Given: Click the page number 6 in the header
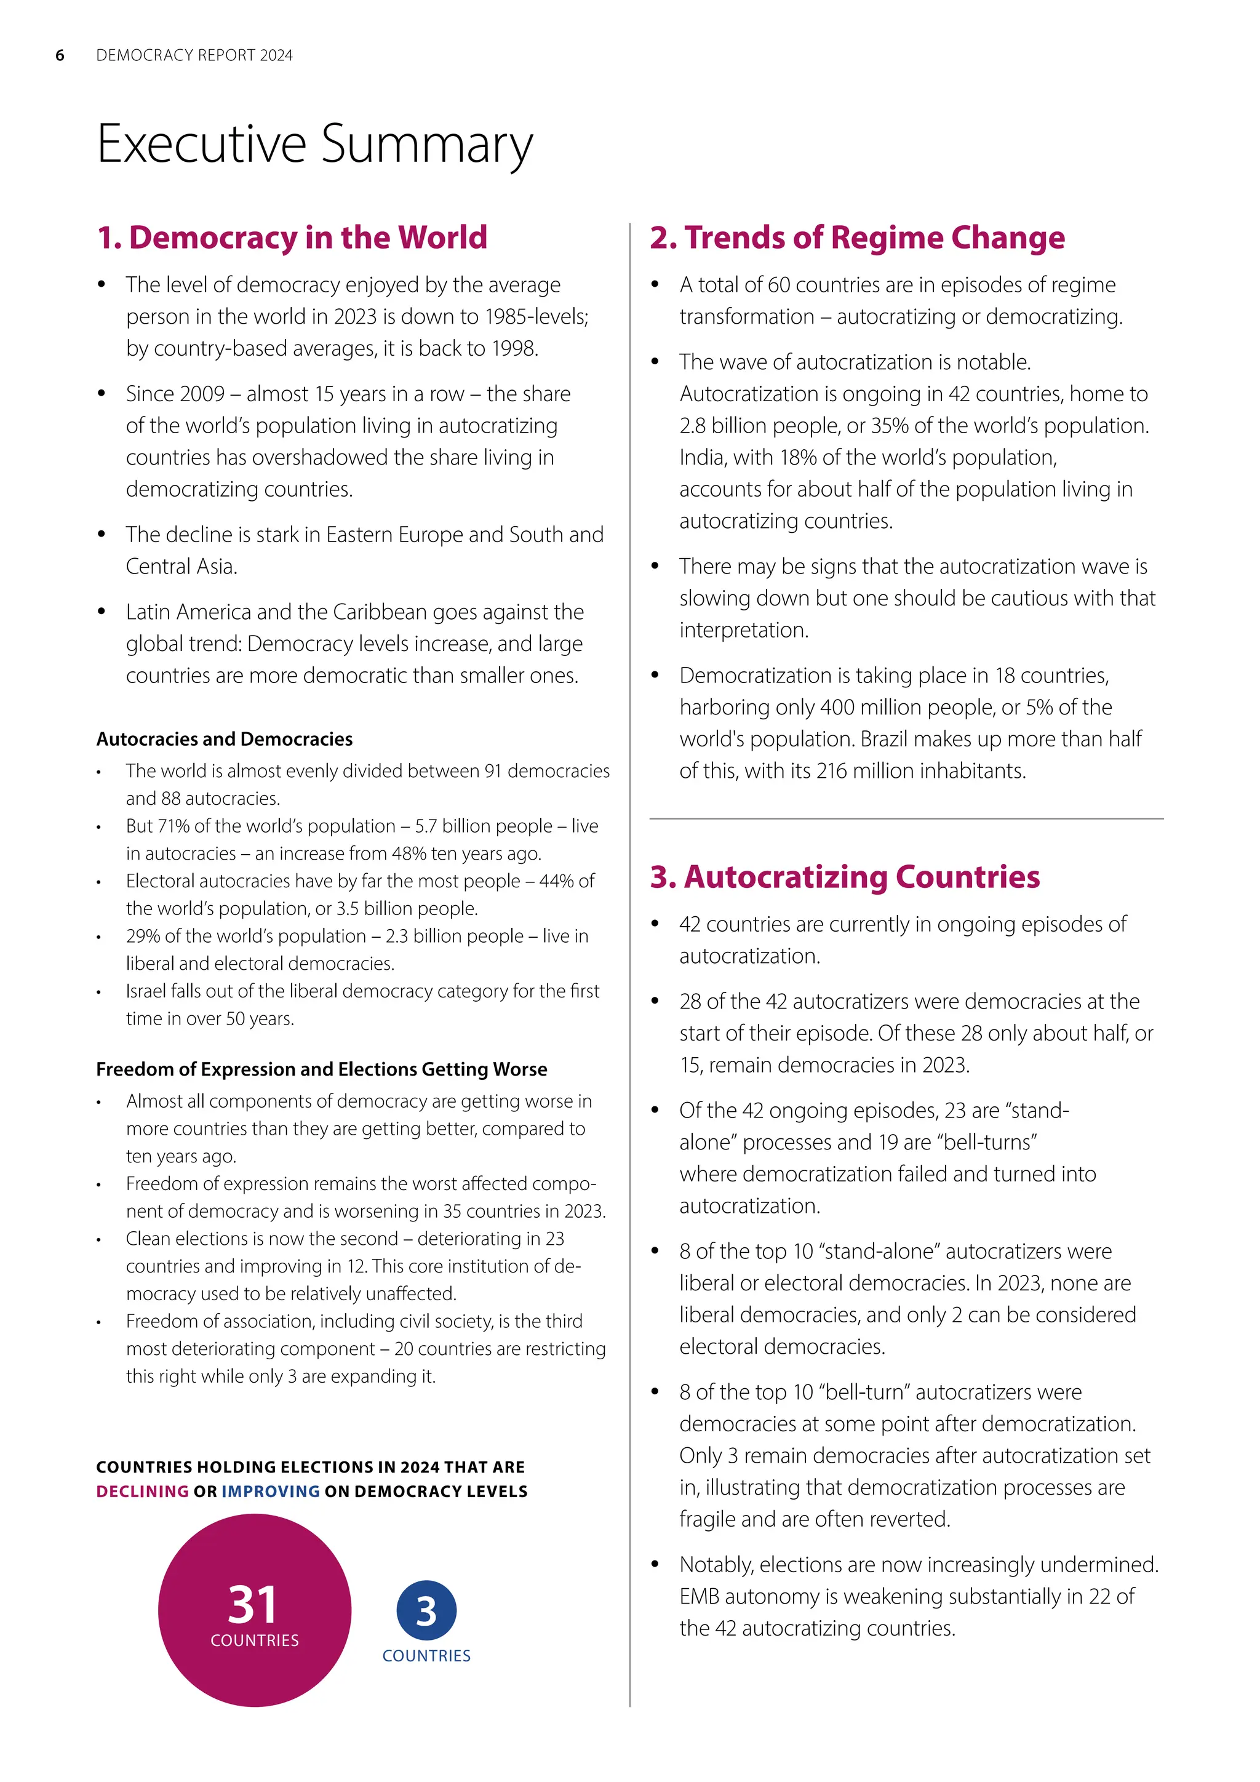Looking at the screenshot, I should [x=60, y=55].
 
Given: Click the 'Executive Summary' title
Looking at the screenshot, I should [x=314, y=145].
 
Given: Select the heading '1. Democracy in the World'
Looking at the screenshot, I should [x=292, y=238].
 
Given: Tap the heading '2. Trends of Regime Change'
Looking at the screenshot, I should [x=856, y=238].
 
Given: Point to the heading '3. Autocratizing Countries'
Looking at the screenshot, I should [x=844, y=877].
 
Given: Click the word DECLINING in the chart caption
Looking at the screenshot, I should [x=142, y=1491].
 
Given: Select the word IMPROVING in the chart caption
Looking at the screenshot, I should [x=271, y=1491].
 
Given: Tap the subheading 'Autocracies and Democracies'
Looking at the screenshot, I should [x=224, y=739].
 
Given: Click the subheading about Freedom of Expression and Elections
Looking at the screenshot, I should [x=321, y=1069].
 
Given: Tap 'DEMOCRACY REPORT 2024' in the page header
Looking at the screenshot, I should [x=194, y=55].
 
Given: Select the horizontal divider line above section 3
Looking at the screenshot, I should [x=906, y=819].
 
